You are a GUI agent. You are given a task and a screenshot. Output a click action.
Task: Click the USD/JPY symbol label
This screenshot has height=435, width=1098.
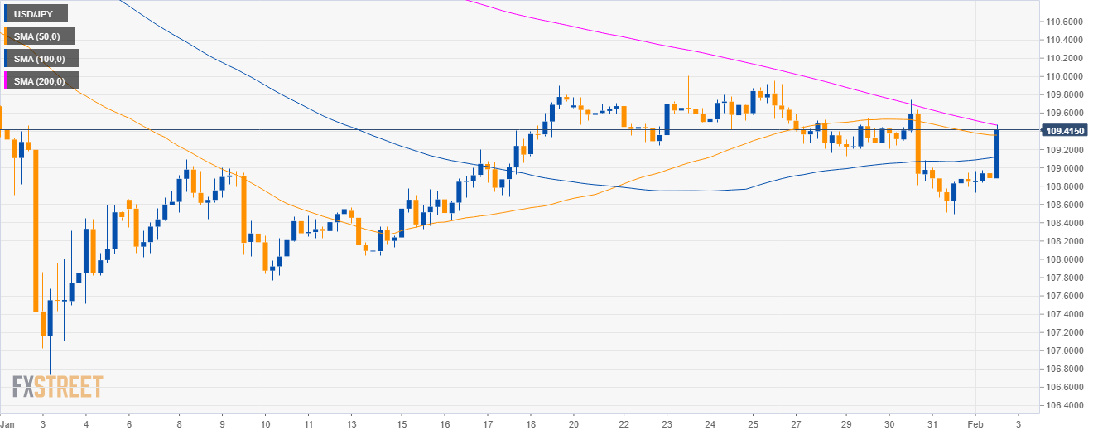35,13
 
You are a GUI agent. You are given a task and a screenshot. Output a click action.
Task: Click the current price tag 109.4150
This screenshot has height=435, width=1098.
1066,130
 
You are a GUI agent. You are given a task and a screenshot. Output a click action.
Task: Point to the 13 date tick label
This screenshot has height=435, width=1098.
351,423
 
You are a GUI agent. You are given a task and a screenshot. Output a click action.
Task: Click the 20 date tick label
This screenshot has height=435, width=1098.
574,423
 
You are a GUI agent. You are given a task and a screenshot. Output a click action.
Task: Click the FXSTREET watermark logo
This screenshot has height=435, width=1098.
57,386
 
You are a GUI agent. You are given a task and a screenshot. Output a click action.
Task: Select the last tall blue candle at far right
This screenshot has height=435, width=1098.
997,153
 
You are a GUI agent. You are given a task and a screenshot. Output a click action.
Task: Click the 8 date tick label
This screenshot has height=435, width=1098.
180,423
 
